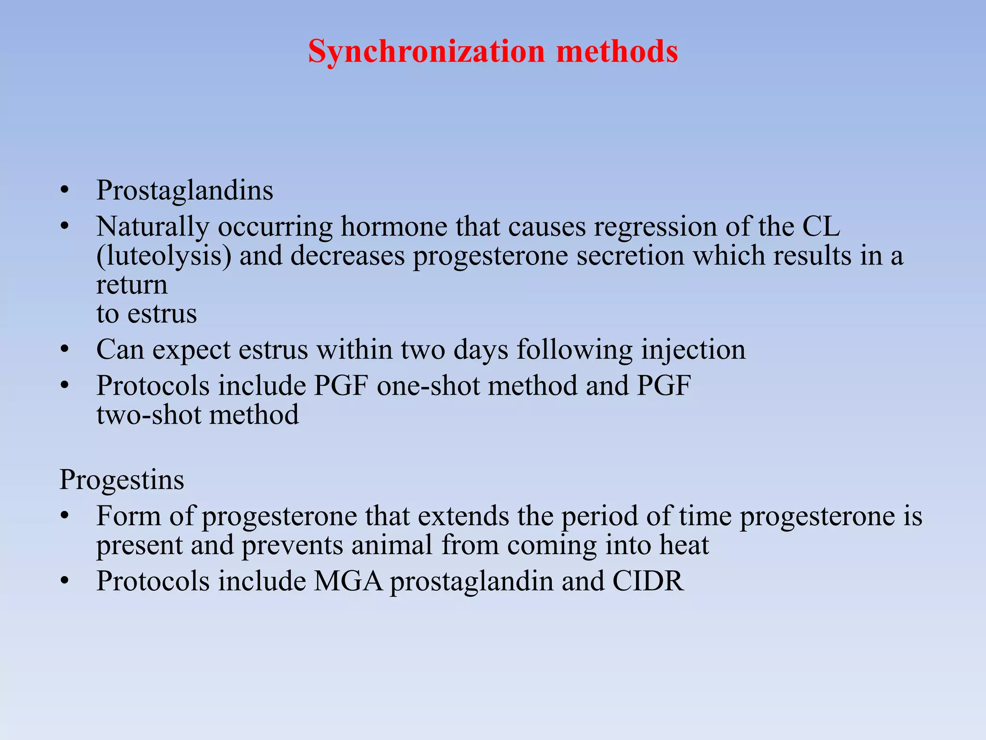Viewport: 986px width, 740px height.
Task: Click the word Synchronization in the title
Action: (x=426, y=51)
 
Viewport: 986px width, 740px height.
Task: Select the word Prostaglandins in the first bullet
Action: (x=184, y=190)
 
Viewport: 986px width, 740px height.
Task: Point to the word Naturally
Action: (x=153, y=226)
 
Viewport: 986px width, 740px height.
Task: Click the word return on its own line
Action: (x=132, y=285)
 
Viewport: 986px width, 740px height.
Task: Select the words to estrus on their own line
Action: (x=146, y=314)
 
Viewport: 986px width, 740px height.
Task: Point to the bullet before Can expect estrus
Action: (x=65, y=350)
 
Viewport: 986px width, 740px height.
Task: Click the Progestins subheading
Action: (x=122, y=480)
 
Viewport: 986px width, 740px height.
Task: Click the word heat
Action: (x=684, y=545)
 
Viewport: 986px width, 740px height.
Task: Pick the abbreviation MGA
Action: (x=349, y=581)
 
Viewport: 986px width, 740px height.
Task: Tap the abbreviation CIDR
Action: (x=648, y=581)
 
